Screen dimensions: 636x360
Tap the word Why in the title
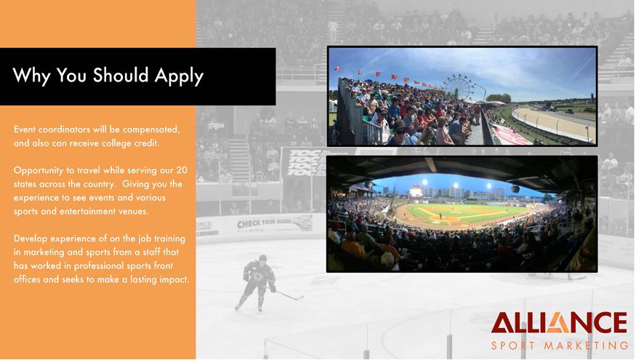click(x=32, y=76)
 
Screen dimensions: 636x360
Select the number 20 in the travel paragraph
click(x=182, y=170)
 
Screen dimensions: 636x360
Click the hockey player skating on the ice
click(x=259, y=283)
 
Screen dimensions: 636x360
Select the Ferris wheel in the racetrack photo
click(x=459, y=87)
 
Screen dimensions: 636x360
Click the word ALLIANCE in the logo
click(x=560, y=323)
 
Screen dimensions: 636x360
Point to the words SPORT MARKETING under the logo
click(x=560, y=345)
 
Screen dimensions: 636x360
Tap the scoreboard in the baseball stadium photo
click(x=416, y=191)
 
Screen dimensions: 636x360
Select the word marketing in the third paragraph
click(x=44, y=252)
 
